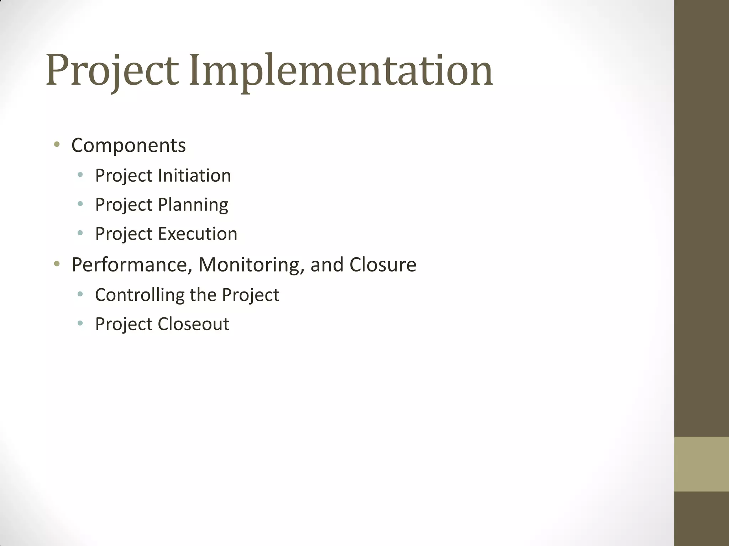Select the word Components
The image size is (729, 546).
point(129,145)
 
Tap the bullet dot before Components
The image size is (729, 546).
point(56,144)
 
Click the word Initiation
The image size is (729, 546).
point(194,175)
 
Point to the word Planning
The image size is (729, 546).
point(193,205)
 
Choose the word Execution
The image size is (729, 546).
point(198,234)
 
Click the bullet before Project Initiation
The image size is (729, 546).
point(80,175)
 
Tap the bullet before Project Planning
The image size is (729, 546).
point(80,204)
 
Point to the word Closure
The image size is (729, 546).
point(383,265)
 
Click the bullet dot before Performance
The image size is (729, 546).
point(56,264)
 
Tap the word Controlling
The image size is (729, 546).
point(139,295)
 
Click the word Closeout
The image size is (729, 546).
point(193,324)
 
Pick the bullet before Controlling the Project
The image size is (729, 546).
point(80,294)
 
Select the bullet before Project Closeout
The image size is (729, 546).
point(80,323)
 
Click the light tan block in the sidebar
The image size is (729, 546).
point(701,464)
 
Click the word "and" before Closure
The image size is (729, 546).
point(326,265)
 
